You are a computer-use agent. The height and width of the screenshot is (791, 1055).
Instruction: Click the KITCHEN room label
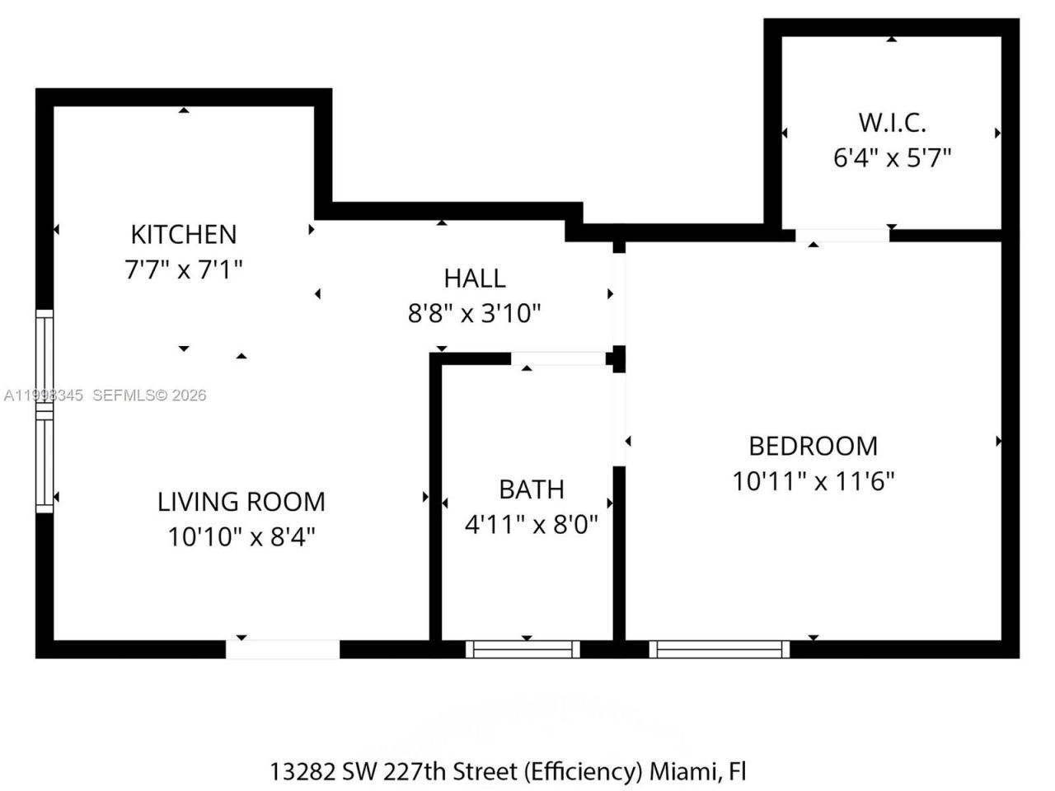[x=183, y=234]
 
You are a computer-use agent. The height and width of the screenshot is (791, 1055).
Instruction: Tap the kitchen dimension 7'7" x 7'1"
[x=183, y=269]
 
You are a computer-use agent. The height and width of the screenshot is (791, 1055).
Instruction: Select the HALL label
[x=474, y=278]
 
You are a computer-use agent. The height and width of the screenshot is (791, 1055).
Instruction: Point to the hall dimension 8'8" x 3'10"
[x=474, y=314]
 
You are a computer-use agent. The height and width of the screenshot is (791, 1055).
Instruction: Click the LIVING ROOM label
[x=241, y=502]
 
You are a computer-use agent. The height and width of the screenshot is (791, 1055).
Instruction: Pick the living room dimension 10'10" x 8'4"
[x=241, y=537]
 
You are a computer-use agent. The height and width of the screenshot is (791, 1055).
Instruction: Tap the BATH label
[x=531, y=489]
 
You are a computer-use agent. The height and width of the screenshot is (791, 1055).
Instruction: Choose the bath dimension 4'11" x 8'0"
[x=531, y=524]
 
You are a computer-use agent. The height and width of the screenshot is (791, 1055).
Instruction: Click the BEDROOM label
[x=813, y=446]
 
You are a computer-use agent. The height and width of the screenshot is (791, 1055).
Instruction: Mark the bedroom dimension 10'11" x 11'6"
[x=813, y=480]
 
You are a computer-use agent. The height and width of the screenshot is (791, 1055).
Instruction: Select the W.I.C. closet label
[x=892, y=123]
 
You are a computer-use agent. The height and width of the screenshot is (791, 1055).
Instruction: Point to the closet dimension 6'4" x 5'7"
[x=892, y=157]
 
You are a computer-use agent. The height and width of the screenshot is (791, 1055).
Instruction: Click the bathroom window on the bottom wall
[x=523, y=649]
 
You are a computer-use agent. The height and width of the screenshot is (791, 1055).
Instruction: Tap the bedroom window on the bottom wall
[x=719, y=649]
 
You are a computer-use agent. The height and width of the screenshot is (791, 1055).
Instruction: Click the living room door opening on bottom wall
[x=283, y=649]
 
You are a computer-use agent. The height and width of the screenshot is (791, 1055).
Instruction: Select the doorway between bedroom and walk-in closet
[x=842, y=235]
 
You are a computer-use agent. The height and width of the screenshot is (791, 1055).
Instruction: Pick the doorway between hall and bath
[x=559, y=358]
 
